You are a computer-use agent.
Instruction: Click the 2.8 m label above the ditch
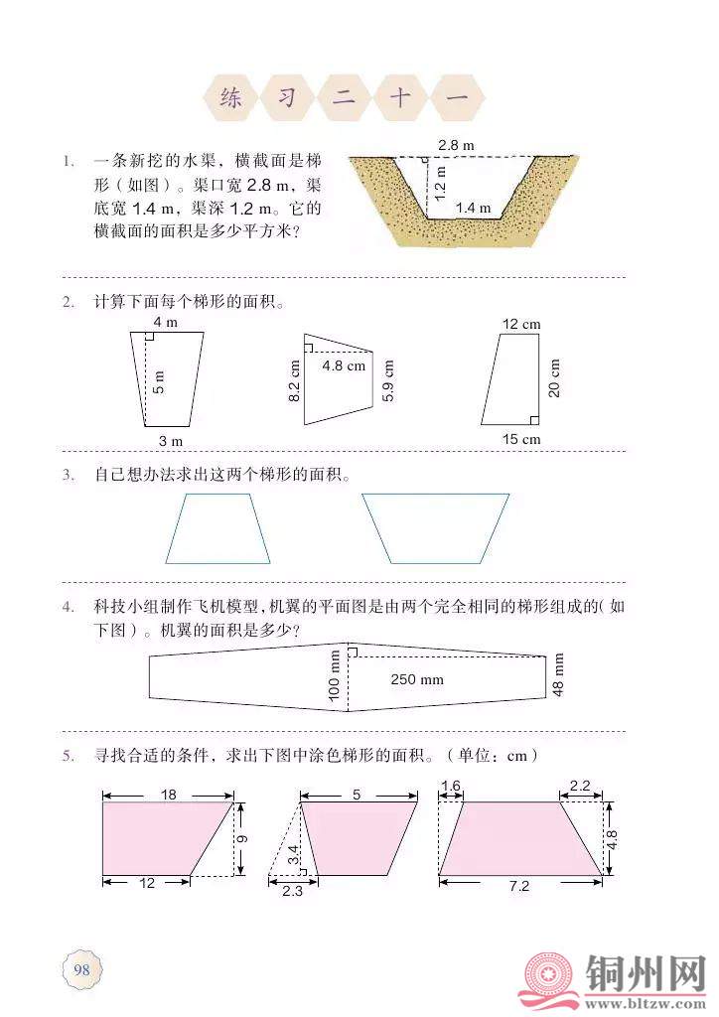click(456, 145)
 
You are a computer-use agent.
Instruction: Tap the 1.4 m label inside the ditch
click(474, 208)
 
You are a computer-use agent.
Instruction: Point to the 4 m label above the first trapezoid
click(165, 323)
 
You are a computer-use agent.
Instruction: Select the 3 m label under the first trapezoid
click(171, 441)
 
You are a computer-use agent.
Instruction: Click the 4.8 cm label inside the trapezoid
click(344, 365)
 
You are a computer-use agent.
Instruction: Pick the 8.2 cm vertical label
click(294, 381)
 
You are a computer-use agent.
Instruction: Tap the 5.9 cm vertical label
click(387, 380)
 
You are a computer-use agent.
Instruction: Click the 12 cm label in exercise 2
click(521, 325)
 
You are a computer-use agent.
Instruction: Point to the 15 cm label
click(521, 439)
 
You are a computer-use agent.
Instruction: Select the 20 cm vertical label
click(554, 378)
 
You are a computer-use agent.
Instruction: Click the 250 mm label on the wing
click(417, 679)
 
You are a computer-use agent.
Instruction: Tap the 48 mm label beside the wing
click(558, 674)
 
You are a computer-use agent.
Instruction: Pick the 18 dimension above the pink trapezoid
click(169, 795)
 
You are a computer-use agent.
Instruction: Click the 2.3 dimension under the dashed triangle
click(292, 891)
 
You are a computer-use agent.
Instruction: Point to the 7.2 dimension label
click(519, 886)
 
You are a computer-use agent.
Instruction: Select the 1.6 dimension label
click(451, 787)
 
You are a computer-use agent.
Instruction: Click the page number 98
click(81, 969)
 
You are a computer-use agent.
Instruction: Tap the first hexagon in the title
click(230, 98)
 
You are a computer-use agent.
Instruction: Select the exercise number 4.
click(69, 607)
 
